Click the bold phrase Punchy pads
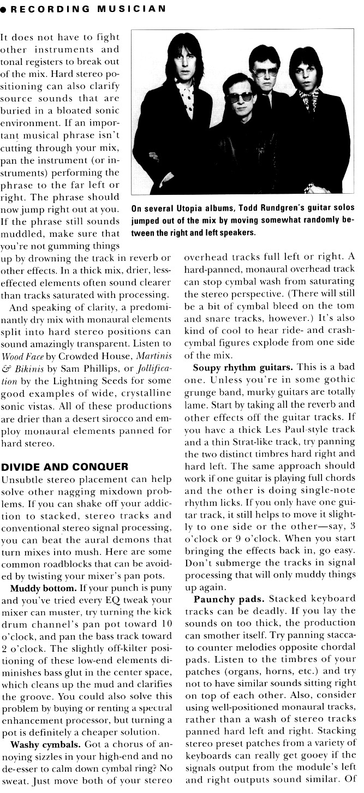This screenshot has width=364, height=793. [221, 599]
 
